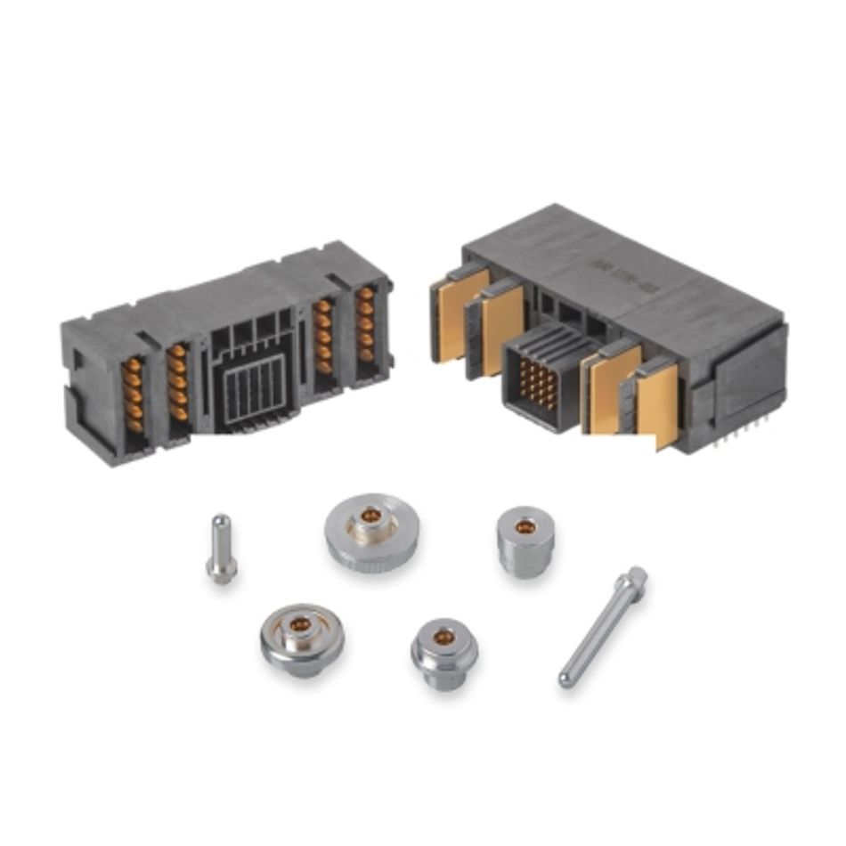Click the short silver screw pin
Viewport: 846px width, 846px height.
point(221,549)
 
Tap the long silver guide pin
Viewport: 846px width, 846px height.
point(602,627)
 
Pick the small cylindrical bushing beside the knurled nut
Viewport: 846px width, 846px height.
point(525,541)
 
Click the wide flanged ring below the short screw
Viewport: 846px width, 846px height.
point(301,639)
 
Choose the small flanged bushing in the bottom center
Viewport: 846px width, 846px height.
point(443,653)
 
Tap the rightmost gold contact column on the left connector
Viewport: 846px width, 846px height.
point(366,325)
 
